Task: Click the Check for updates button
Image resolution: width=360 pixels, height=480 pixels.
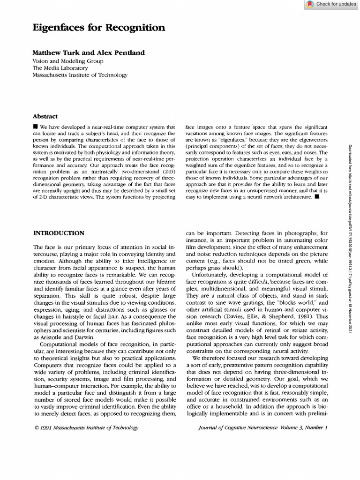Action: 331,4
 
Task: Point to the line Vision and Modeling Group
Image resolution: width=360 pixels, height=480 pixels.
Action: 68,61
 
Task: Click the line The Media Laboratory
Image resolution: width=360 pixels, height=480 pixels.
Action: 60,68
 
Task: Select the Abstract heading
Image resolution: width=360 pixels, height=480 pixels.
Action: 45,116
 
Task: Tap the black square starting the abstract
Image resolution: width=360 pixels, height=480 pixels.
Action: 35,127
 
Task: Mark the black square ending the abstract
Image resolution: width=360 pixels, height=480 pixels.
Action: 317,197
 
